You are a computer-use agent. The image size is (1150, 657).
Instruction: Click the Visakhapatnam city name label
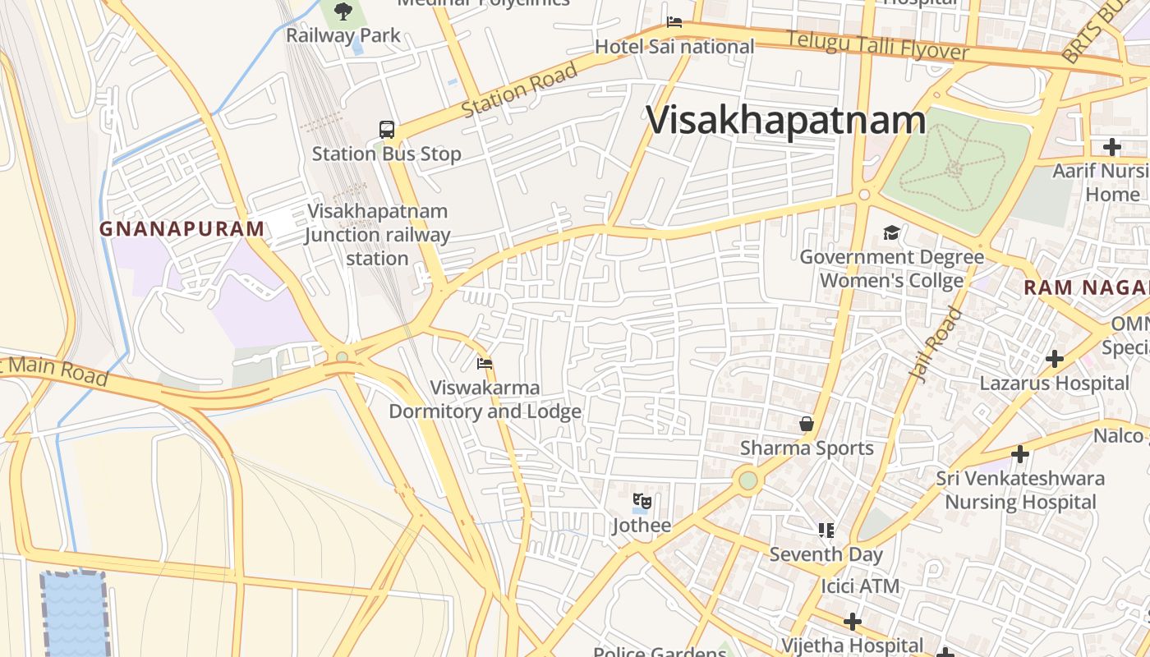point(786,121)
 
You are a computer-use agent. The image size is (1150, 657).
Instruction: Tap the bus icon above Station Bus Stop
point(387,129)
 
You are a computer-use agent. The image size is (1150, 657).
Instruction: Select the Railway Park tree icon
point(343,11)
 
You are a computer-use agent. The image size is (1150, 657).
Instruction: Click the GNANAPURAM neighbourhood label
point(182,229)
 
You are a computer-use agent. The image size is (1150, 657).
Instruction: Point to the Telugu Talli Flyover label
point(877,45)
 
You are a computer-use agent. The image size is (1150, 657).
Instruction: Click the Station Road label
point(519,90)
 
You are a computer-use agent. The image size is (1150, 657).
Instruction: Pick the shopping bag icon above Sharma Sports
point(807,424)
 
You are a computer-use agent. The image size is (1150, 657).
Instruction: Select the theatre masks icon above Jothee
point(642,500)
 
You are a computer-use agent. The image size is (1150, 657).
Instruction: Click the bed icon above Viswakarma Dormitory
point(485,363)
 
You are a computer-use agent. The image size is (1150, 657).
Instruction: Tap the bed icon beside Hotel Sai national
point(674,22)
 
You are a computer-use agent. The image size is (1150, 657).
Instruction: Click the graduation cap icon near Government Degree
point(891,233)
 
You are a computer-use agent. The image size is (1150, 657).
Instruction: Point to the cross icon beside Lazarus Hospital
point(1055,359)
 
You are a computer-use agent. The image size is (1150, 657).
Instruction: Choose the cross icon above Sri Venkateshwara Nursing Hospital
point(1019,453)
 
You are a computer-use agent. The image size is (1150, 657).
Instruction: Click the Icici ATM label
point(860,586)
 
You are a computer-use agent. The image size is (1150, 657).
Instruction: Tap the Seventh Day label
point(826,554)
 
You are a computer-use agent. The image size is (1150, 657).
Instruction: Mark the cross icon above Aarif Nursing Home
point(1111,147)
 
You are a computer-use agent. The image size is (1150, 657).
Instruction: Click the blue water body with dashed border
point(75,614)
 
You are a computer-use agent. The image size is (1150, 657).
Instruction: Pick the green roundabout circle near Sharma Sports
point(747,480)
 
